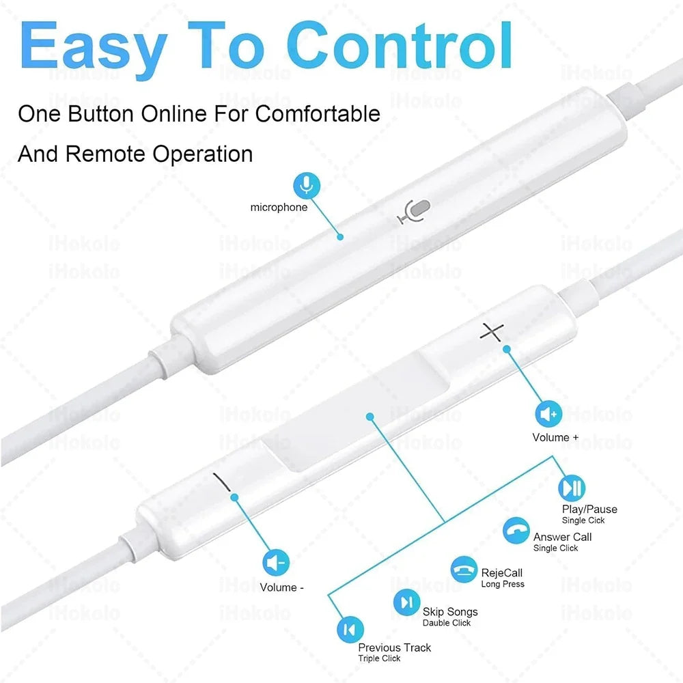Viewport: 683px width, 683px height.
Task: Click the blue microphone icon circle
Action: (307, 186)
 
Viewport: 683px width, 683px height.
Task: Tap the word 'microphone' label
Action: (279, 208)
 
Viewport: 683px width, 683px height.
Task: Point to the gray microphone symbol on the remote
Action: (414, 211)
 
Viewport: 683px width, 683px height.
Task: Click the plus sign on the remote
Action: (492, 332)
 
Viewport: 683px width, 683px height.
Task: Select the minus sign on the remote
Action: (222, 482)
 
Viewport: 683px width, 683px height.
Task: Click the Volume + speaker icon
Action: (548, 414)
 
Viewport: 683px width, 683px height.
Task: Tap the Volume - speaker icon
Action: (276, 563)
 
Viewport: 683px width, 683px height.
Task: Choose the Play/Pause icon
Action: (572, 488)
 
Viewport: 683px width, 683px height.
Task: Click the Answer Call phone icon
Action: (516, 531)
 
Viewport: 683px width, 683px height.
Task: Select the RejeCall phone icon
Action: (464, 570)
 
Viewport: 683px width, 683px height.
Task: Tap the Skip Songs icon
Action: (407, 603)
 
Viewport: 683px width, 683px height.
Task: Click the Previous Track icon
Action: (350, 630)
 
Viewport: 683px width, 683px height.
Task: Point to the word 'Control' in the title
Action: (399, 46)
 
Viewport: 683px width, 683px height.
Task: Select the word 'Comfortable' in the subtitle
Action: (318, 114)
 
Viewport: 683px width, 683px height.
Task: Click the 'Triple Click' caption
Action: (379, 658)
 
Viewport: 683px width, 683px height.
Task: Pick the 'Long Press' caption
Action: (503, 584)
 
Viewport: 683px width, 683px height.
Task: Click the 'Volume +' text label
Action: (555, 437)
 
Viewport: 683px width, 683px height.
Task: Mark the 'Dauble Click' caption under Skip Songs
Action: (447, 623)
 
